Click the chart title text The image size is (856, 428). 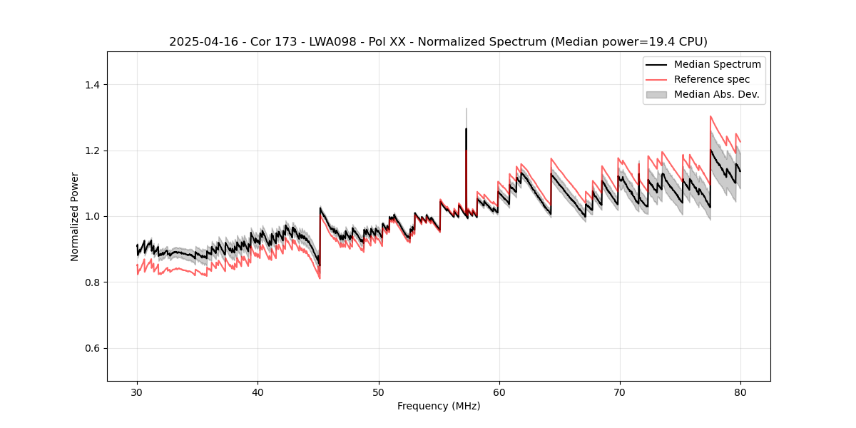tap(438, 42)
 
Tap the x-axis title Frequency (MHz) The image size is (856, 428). tap(439, 406)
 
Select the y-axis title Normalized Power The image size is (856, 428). tap(75, 216)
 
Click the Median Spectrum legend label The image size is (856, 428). tap(717, 65)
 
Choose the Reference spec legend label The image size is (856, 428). tap(712, 79)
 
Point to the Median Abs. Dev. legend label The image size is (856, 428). tap(716, 94)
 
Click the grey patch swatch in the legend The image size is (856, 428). tap(656, 94)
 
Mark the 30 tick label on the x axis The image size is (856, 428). tap(137, 392)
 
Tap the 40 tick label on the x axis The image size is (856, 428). tap(258, 392)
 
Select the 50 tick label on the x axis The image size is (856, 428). tap(378, 392)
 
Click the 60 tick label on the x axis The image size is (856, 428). tap(499, 392)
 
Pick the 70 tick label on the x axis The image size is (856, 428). tap(619, 392)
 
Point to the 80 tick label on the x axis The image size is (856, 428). tap(740, 392)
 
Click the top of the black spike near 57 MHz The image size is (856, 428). tap(466, 129)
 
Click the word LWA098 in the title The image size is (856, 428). tap(327, 42)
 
